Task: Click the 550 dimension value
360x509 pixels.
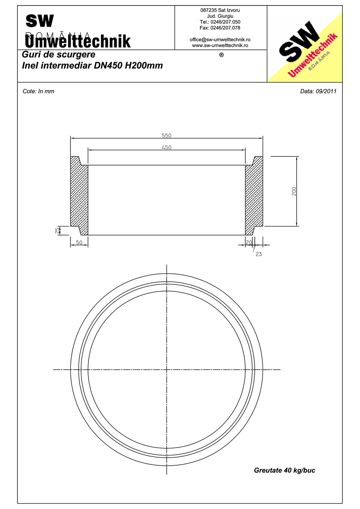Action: tap(167, 136)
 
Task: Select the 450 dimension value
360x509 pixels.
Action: tap(167, 147)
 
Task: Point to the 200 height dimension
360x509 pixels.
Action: tap(294, 191)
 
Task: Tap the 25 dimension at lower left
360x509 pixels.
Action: tap(57, 230)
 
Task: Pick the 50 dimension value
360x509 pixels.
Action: tap(79, 243)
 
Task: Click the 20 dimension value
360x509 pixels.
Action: tap(249, 243)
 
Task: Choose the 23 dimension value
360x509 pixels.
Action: tap(259, 254)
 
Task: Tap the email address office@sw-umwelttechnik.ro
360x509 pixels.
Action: tap(220, 40)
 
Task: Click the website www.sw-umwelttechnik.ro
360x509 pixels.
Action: tap(220, 45)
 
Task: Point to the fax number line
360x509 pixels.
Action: tap(220, 28)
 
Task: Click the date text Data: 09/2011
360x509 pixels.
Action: tap(318, 92)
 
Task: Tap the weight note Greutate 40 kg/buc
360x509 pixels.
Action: tap(284, 470)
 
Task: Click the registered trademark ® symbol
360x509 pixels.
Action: tap(221, 55)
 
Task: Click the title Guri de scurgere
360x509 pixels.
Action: tap(59, 55)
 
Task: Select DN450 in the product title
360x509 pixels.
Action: tap(108, 66)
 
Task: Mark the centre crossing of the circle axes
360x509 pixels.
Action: tap(167, 369)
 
